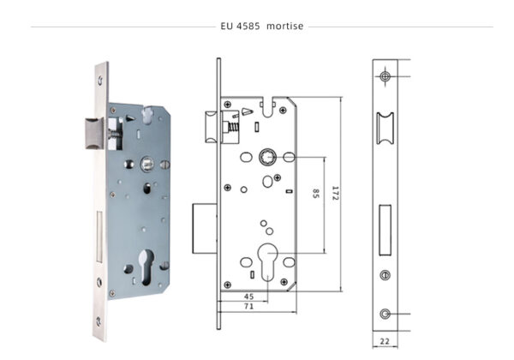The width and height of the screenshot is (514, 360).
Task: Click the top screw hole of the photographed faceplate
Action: point(101,78)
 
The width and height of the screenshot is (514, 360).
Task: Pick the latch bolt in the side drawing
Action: point(210,128)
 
